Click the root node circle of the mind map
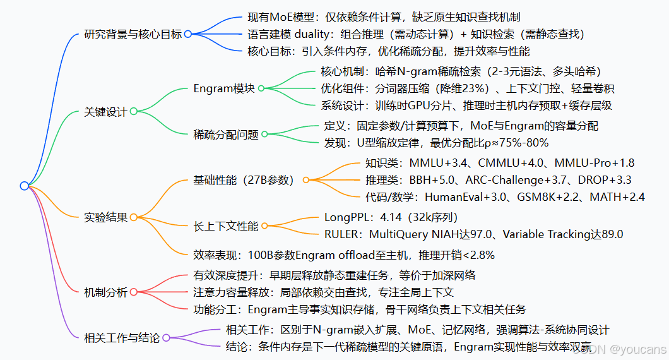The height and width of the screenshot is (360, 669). coord(24,186)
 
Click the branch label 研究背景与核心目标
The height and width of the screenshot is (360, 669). coord(133,34)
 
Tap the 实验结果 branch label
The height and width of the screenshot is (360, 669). coord(105,217)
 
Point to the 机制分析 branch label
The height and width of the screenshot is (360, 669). coord(105,292)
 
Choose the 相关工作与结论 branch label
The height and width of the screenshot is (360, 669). coord(122,338)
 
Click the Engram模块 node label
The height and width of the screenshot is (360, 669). coord(224,88)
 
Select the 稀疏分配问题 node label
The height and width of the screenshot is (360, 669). coord(226,134)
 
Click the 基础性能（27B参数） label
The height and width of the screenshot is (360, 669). coord(244,180)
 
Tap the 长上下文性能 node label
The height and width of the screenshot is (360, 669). coord(226,225)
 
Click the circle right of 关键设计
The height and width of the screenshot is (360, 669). coord(133,112)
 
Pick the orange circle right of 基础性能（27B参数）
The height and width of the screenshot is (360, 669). coord(306,180)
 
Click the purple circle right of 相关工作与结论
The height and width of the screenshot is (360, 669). coord(167,338)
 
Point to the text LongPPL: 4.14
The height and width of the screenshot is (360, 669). coord(391,217)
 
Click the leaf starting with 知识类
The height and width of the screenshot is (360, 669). coord(500,162)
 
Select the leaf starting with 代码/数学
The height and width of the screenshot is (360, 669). coord(505,197)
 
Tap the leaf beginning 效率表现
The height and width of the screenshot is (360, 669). coord(344,255)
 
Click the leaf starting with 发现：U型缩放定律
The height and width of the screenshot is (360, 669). coord(436,143)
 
